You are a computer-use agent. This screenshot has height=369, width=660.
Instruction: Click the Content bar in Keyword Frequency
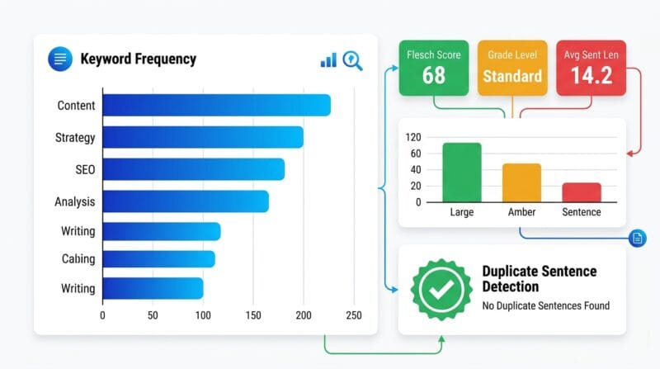tap(217, 105)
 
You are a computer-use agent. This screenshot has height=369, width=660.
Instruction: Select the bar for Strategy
tap(203, 137)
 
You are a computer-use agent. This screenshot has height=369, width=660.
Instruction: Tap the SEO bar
tap(194, 169)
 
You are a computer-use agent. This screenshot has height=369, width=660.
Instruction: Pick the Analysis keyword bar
tap(186, 201)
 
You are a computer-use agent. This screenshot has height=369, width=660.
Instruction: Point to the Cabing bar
tap(158, 258)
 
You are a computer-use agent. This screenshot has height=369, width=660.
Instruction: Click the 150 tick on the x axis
tap(253, 315)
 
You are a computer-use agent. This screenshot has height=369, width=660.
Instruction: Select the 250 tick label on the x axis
tap(354, 315)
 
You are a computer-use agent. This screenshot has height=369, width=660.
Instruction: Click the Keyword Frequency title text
tap(138, 59)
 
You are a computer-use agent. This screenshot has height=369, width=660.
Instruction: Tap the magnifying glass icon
tap(352, 60)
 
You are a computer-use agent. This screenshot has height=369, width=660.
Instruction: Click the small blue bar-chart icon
tap(328, 60)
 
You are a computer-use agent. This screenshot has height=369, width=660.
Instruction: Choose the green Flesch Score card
tap(434, 68)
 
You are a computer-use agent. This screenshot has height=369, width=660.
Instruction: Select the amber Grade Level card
tap(512, 68)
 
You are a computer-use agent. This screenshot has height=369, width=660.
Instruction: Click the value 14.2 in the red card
tap(592, 75)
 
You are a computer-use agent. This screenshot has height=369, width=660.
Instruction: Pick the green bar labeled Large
tap(462, 173)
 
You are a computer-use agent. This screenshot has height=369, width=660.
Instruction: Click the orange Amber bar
tap(521, 182)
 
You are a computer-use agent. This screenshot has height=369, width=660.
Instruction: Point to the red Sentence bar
tap(582, 192)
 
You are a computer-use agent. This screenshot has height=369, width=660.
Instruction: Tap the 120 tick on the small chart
tap(413, 137)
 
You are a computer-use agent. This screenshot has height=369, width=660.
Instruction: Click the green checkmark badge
tap(441, 290)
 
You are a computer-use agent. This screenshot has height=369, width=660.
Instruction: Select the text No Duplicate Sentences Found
tap(546, 305)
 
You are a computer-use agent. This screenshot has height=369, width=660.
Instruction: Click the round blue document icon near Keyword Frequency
tap(60, 59)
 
